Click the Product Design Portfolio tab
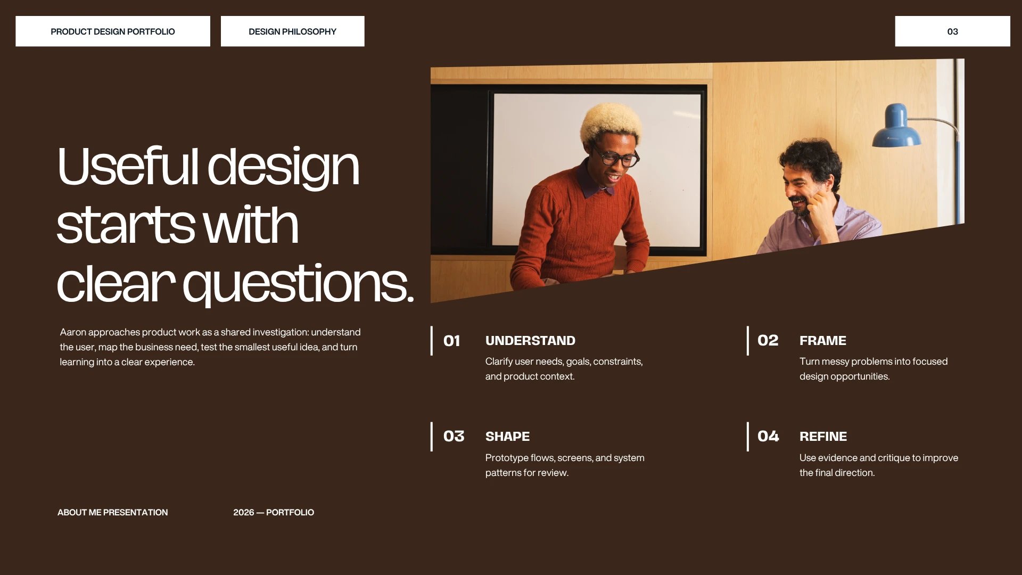click(113, 31)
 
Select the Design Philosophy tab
click(293, 31)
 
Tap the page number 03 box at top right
click(952, 31)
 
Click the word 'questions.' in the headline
click(298, 284)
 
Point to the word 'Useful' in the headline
click(128, 166)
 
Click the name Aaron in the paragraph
click(73, 332)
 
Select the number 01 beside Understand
click(452, 341)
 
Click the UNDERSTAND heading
click(530, 341)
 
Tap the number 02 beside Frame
click(768, 340)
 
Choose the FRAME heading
click(823, 341)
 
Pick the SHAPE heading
click(507, 437)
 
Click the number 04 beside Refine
click(768, 437)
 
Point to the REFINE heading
click(823, 437)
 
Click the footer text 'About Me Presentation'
click(113, 512)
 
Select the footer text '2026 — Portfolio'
click(274, 512)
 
